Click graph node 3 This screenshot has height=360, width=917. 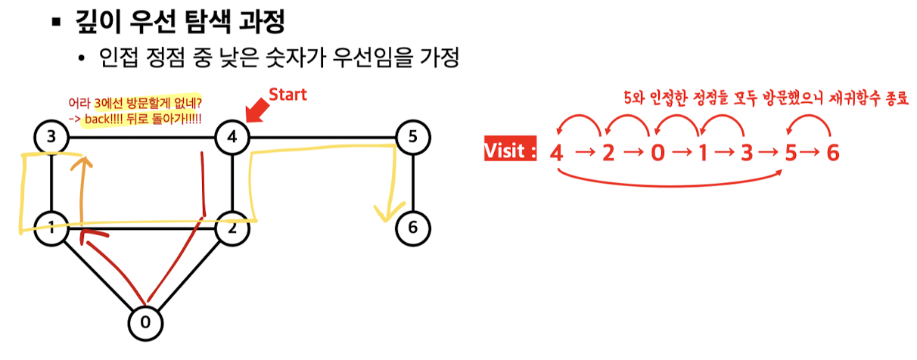click(x=50, y=138)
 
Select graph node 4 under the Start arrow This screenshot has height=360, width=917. click(x=232, y=138)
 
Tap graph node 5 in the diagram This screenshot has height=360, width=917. click(x=413, y=138)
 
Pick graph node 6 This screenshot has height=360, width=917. click(x=413, y=228)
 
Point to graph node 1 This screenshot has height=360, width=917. click(x=50, y=228)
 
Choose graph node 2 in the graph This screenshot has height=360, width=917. click(x=232, y=228)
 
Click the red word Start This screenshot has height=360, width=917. click(x=288, y=95)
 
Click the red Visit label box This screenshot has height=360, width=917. click(x=510, y=151)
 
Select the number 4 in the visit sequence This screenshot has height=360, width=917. click(x=557, y=153)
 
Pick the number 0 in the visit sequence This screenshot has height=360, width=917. click(x=657, y=153)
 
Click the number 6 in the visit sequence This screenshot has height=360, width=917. click(x=832, y=153)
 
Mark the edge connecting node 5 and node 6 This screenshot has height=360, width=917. click(x=413, y=182)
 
